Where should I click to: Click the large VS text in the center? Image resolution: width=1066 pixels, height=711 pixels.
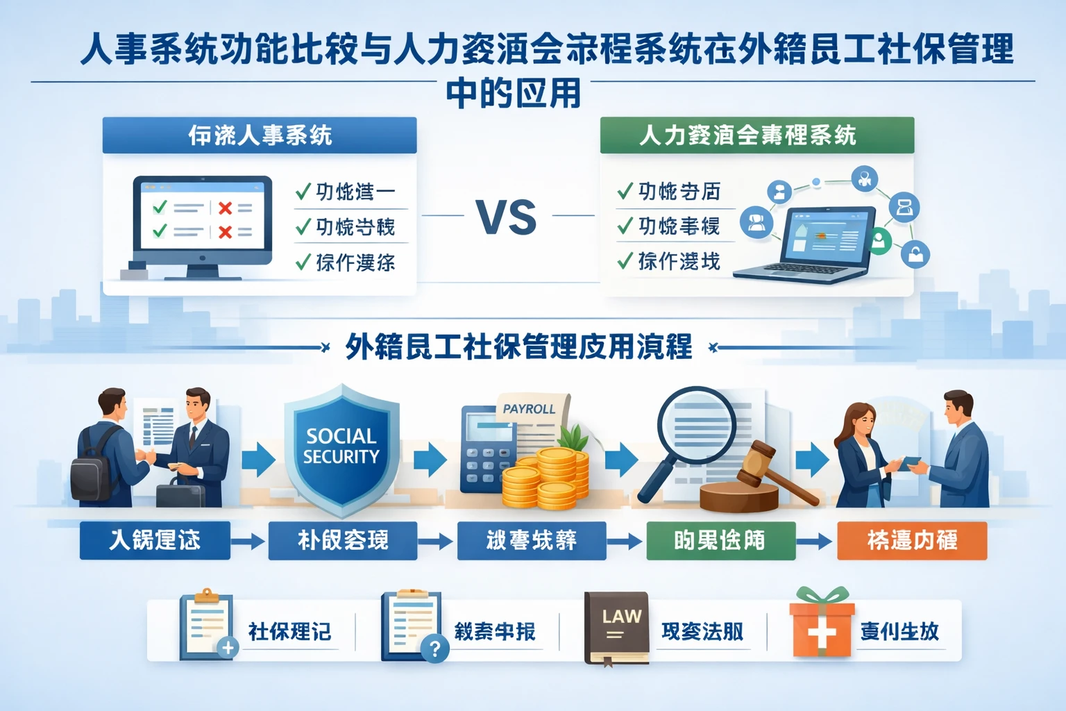[x=507, y=217]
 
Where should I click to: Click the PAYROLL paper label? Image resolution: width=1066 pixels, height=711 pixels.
[x=529, y=409]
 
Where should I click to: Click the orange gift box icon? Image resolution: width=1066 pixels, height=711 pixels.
[x=821, y=626]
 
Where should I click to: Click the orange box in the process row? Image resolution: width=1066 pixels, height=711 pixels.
[x=912, y=540]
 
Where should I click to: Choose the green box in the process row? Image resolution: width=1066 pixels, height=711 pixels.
[x=720, y=540]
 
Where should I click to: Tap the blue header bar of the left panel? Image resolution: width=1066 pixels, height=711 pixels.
[x=260, y=135]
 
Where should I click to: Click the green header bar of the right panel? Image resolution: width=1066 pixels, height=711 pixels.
[x=756, y=135]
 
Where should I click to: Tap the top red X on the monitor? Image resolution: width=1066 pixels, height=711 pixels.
[x=225, y=208]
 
